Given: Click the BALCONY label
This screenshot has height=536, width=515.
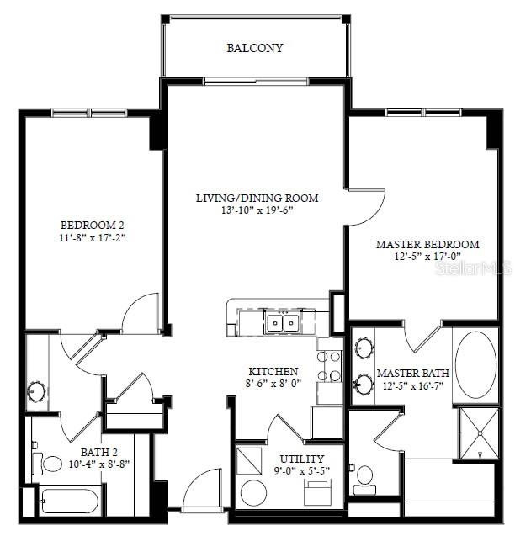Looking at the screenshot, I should point(254,48).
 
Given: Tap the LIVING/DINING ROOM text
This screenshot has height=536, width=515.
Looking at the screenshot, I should point(257,199).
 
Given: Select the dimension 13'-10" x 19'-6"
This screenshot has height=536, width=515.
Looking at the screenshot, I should point(257,210).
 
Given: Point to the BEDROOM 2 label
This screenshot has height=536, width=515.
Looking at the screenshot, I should point(92,225).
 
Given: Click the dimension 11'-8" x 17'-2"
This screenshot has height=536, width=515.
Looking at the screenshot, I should point(92,237).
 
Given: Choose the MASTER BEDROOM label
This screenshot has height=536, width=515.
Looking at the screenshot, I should point(427,244).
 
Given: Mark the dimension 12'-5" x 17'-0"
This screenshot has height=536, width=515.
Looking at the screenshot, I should point(427,257).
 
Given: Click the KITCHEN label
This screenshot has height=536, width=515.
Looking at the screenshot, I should point(273,371).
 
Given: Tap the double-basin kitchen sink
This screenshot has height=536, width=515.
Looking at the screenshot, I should point(281,321).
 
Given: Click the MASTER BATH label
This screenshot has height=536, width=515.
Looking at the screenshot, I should point(412,373).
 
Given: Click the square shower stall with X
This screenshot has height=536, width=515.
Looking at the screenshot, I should point(478,433).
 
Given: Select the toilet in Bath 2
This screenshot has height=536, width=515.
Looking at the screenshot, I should point(50,464).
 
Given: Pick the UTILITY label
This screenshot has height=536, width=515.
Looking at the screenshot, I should point(301,459).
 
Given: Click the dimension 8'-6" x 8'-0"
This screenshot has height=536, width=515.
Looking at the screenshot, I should point(273,384).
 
